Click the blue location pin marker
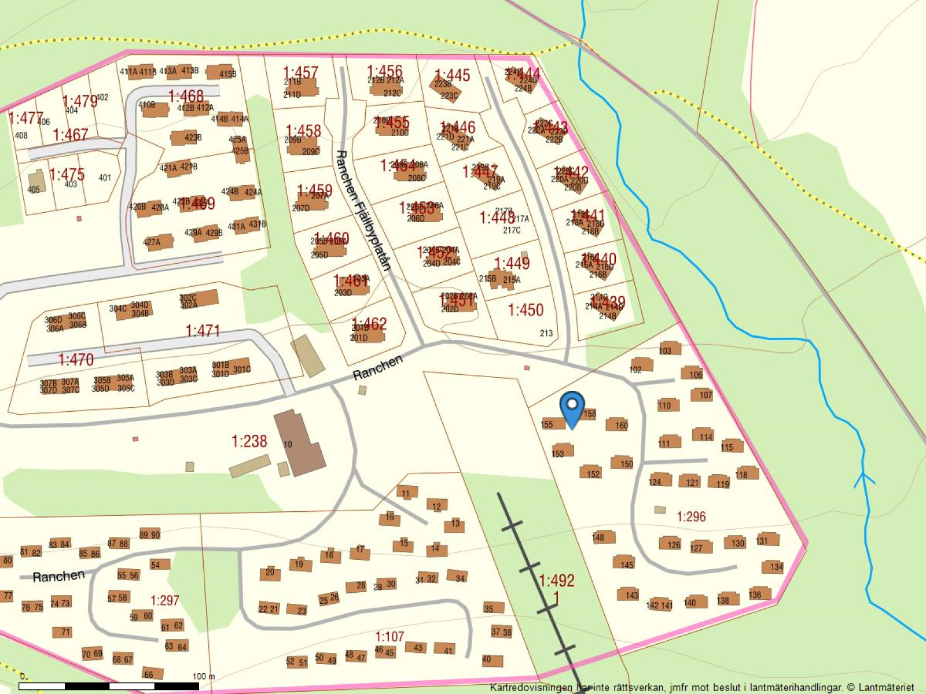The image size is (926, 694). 572,408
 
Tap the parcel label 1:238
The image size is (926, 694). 249,441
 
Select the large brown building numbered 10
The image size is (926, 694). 299,442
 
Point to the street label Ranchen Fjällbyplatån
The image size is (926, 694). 363,211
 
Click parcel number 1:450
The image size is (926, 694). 526,310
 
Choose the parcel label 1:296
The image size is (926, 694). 691,516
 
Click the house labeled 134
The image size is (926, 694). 775,566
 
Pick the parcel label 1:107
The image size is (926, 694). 389,637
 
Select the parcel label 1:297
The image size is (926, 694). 165,600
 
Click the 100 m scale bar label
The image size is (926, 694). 203,676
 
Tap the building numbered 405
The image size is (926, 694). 35,183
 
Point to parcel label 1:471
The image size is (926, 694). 203,331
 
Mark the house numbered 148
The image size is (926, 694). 599,537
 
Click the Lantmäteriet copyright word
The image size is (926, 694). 886,688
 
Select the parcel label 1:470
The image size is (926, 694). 76,360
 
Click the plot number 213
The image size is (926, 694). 546,333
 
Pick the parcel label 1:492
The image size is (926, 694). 556,580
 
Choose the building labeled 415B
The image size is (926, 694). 221,73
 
